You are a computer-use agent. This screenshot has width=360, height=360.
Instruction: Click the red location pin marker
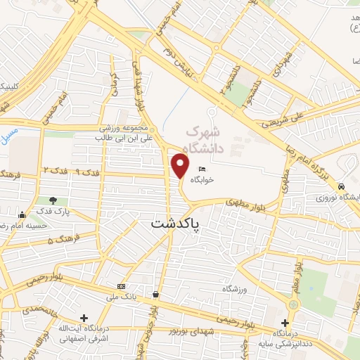[x=181, y=165]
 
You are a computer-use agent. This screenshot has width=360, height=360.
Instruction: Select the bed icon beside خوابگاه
[x=202, y=169]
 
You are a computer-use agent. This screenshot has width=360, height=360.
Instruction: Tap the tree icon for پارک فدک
[x=53, y=201]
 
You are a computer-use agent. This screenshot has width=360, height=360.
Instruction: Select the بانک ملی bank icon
[x=122, y=286]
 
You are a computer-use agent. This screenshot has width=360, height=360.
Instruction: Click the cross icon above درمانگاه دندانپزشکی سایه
[x=285, y=322]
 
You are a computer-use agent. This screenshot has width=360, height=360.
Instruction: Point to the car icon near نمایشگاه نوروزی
[x=340, y=187]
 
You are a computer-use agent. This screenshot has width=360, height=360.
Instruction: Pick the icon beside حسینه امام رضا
[x=22, y=214]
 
